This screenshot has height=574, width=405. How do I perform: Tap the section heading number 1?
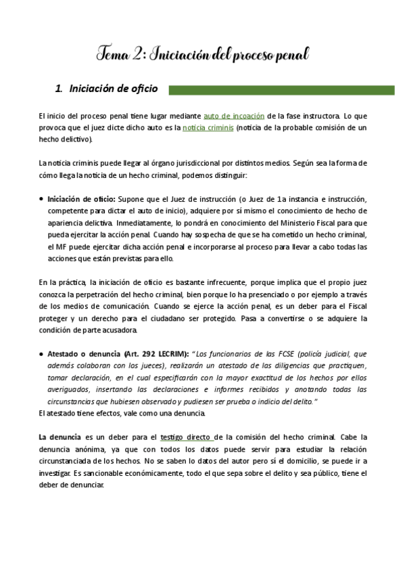pos(58,89)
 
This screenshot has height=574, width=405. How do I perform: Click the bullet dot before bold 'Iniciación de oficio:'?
pos(42,199)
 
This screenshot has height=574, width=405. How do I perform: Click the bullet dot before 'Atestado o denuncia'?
pos(42,353)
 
